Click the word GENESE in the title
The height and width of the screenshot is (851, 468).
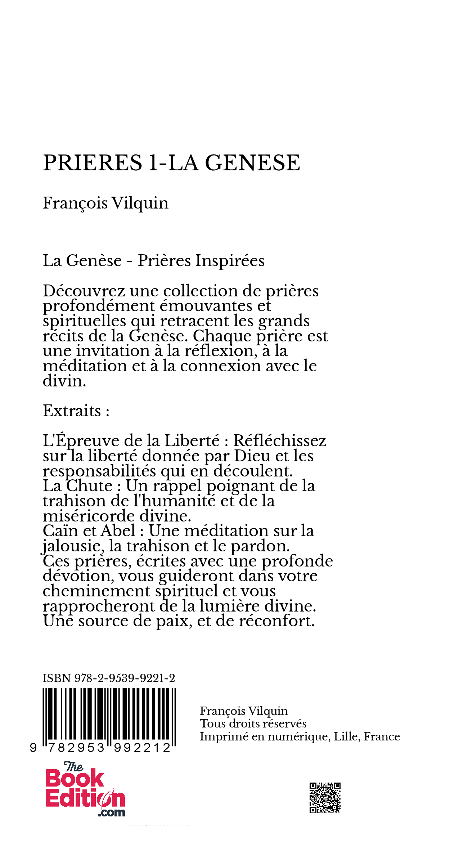(x=252, y=163)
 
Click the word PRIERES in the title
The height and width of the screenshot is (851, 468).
(x=93, y=163)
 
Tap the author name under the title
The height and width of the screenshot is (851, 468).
(x=105, y=203)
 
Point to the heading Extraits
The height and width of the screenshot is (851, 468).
(x=72, y=411)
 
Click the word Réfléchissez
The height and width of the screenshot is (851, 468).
(x=280, y=441)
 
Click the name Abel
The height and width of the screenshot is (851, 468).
(x=118, y=531)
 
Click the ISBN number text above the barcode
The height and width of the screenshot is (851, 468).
(x=109, y=678)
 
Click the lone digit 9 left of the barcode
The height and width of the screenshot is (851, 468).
(x=33, y=748)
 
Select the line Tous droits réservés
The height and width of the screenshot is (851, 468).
(x=253, y=724)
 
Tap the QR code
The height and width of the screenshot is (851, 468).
(x=325, y=798)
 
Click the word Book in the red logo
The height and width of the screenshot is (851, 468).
(x=75, y=779)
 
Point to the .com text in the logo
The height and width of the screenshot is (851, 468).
(x=112, y=812)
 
